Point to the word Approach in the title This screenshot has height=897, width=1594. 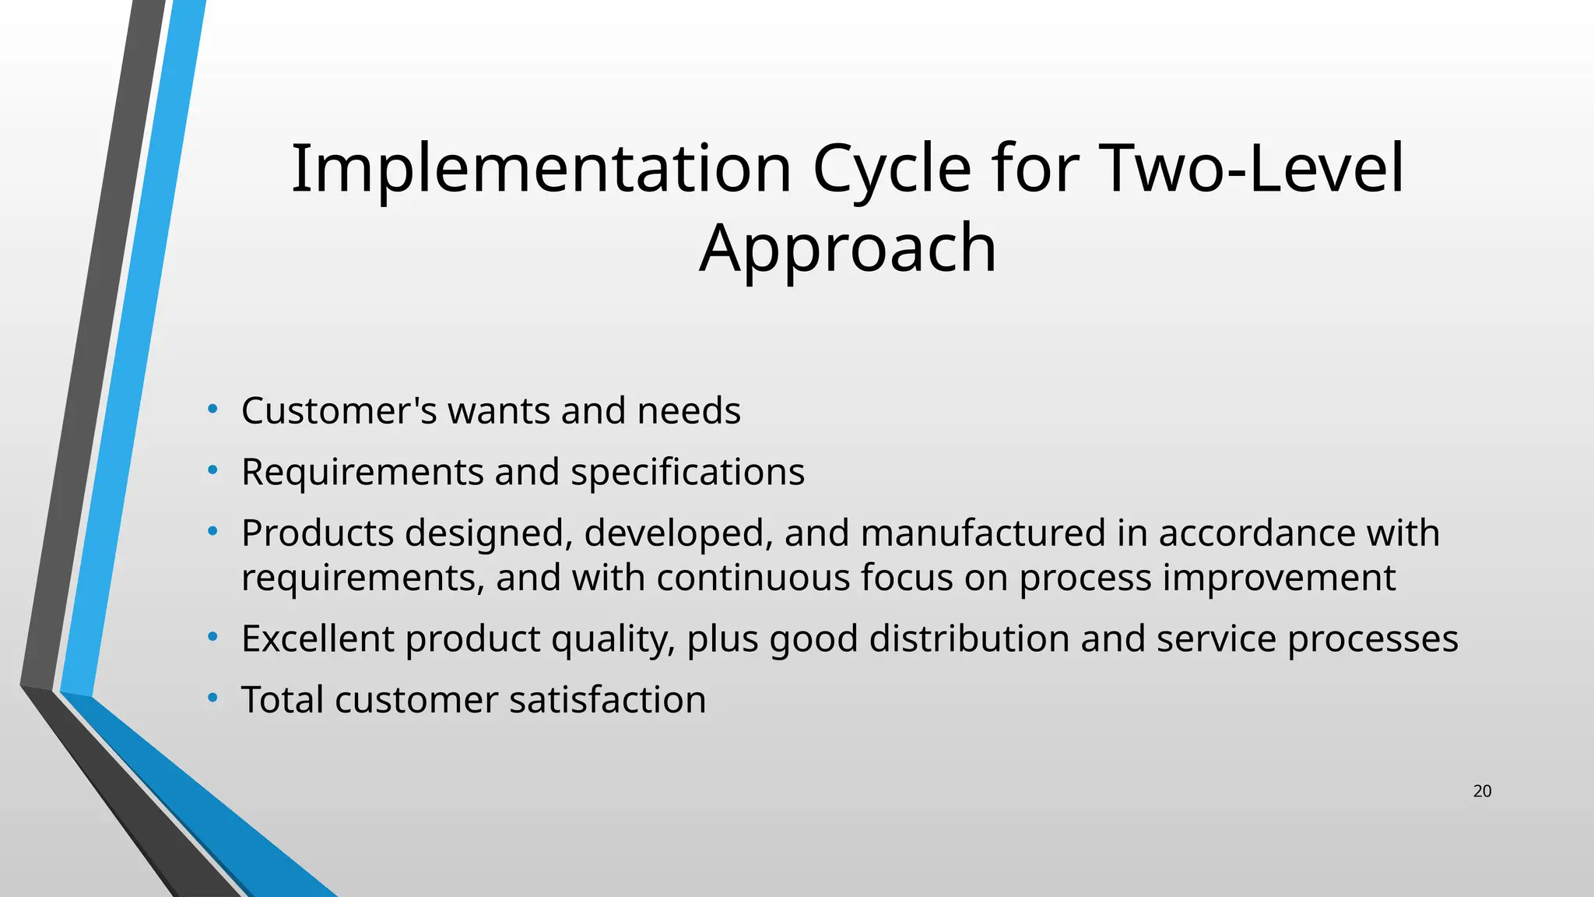coord(848,248)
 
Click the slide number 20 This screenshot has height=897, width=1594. coord(1482,791)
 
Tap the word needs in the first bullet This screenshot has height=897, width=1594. coord(689,410)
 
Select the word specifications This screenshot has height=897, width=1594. coord(687,472)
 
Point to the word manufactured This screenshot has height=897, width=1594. coord(983,533)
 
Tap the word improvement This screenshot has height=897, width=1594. coord(1279,578)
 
